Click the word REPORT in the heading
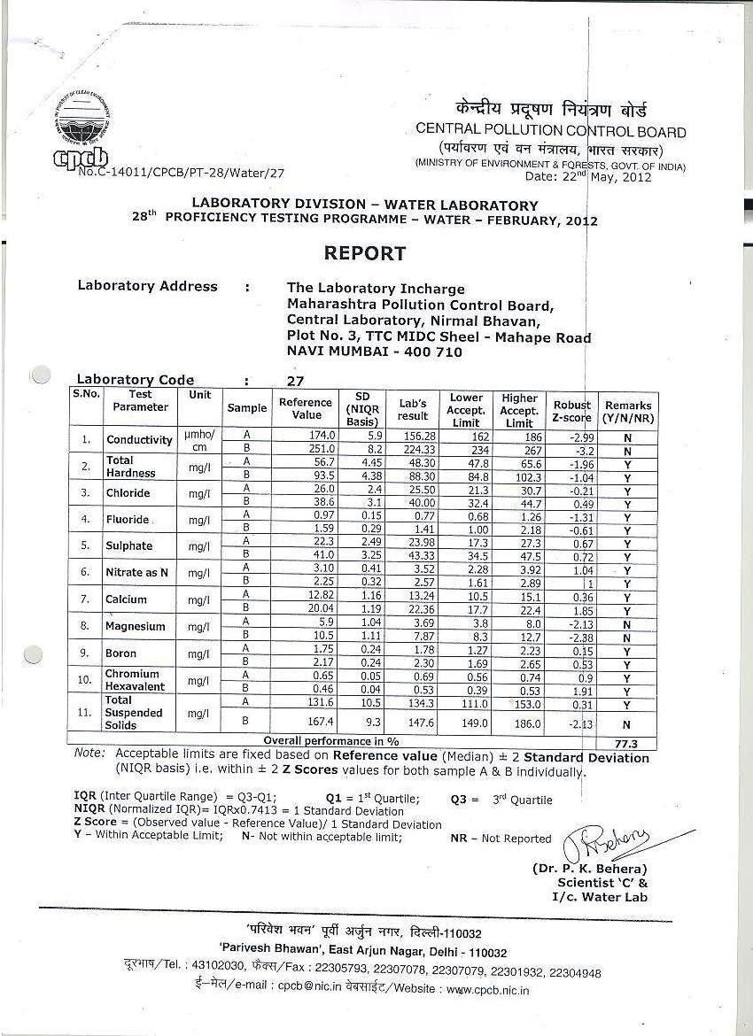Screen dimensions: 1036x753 (x=364, y=253)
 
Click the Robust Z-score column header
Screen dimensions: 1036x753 (x=571, y=411)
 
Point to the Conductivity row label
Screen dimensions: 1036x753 (x=139, y=440)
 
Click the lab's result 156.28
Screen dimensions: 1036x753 (x=413, y=435)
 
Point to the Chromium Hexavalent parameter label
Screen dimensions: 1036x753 (x=132, y=680)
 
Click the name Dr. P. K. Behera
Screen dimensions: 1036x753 (x=589, y=869)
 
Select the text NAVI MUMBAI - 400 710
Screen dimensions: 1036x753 (x=374, y=352)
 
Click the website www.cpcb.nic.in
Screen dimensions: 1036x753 (x=487, y=989)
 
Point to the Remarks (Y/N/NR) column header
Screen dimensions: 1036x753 (x=628, y=411)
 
